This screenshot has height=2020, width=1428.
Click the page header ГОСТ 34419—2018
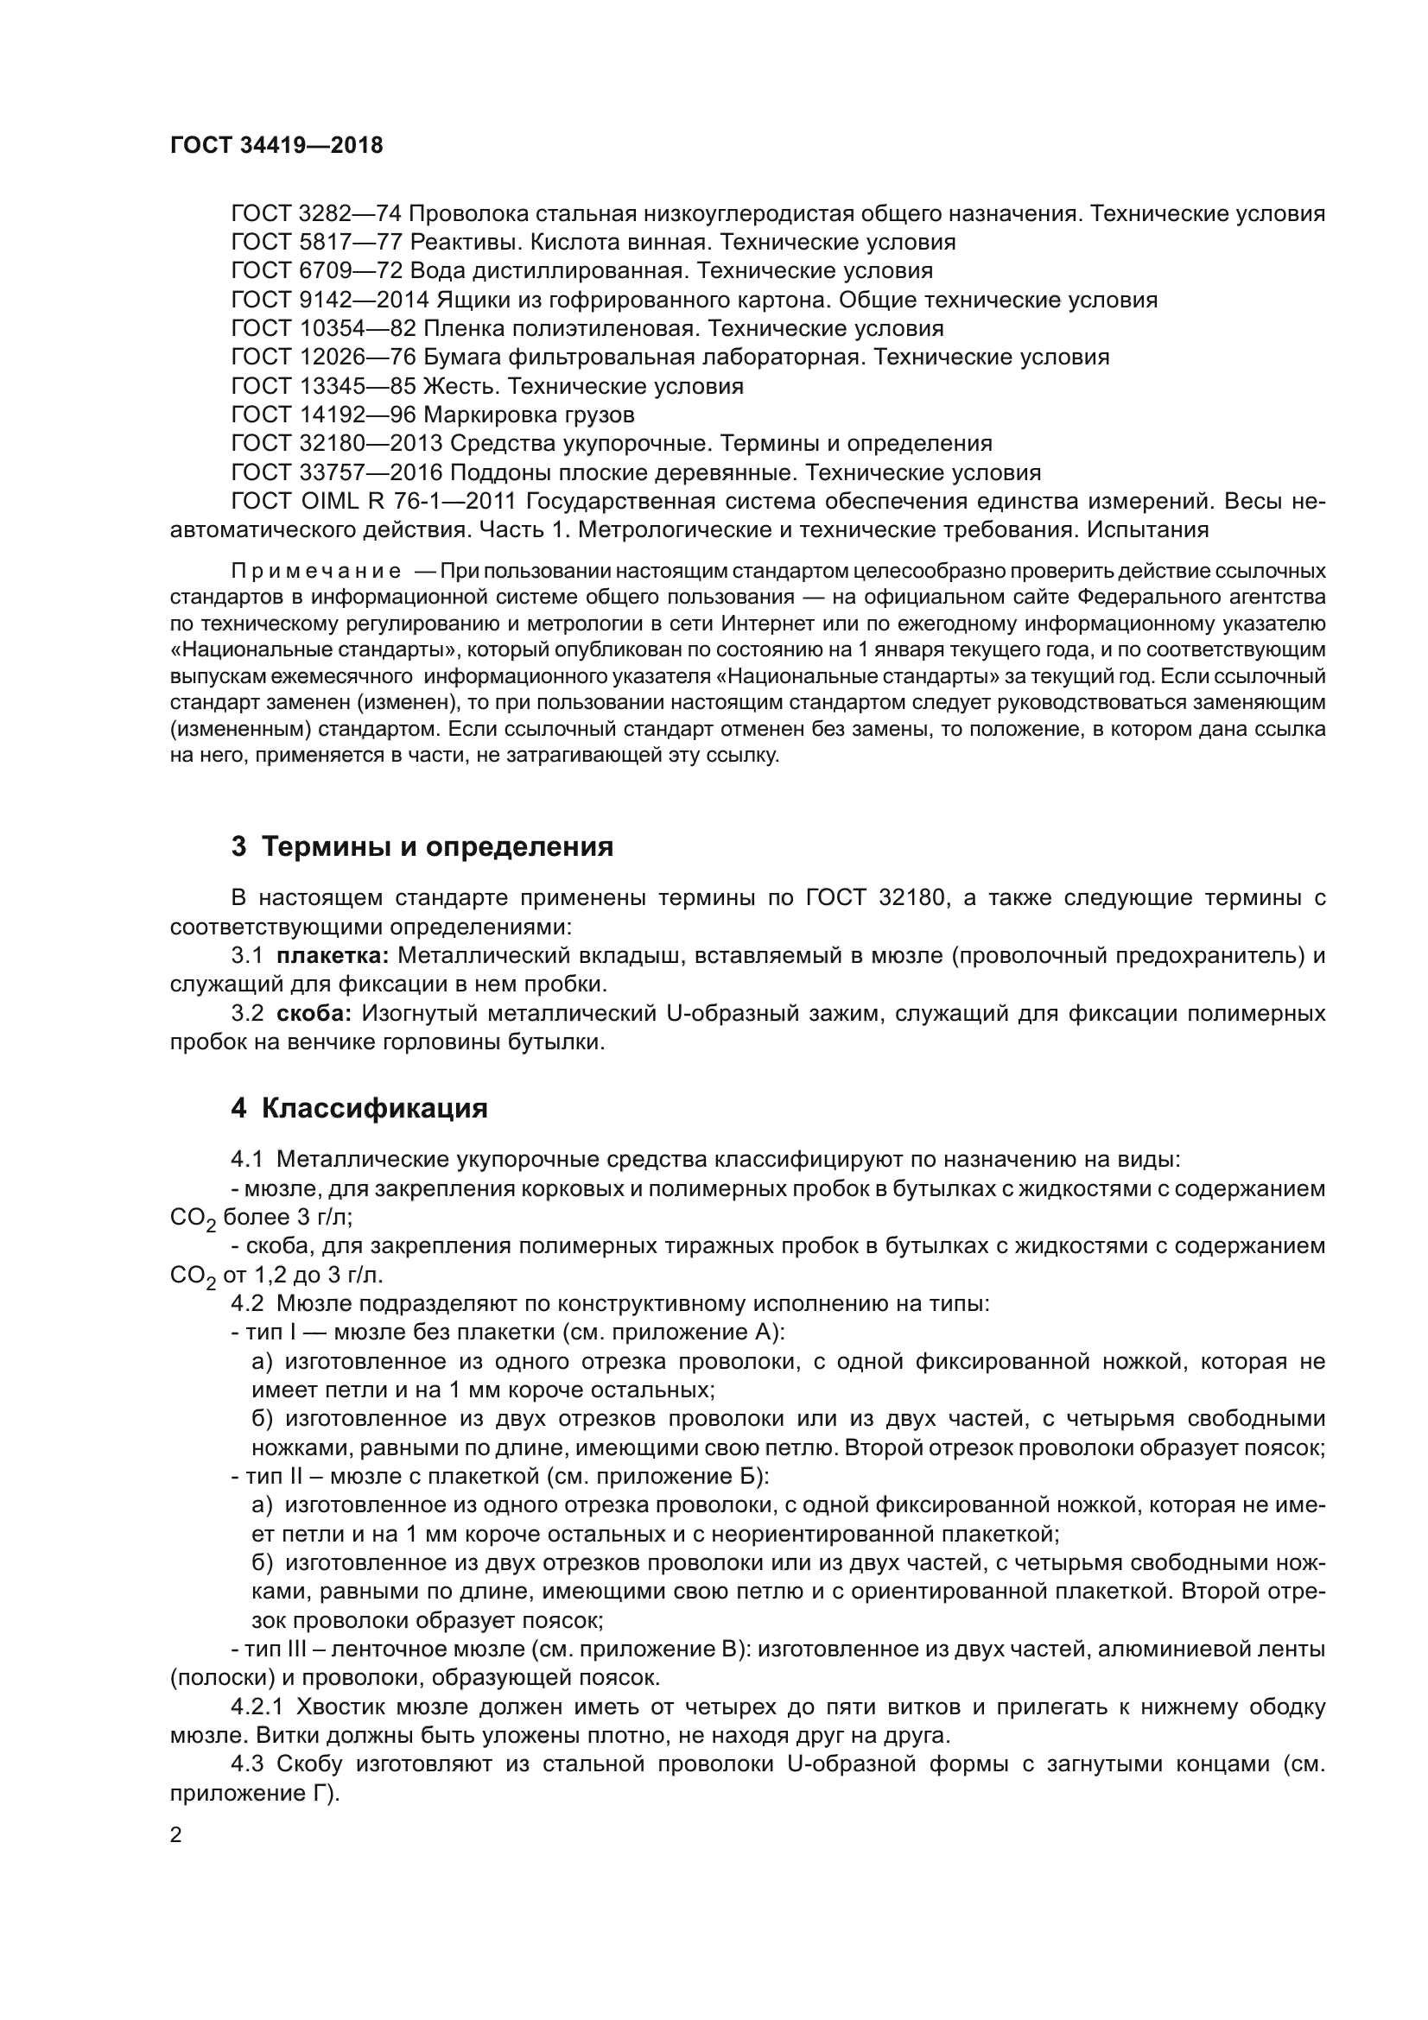[276, 146]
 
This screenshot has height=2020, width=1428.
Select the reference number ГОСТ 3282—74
[315, 214]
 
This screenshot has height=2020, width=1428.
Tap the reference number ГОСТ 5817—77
[315, 242]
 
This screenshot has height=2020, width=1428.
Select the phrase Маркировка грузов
[529, 415]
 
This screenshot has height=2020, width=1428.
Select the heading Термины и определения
[437, 846]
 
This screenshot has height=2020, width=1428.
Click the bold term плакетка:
[333, 955]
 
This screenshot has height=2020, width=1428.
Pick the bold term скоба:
[314, 1014]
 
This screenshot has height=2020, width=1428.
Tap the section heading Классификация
[374, 1109]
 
